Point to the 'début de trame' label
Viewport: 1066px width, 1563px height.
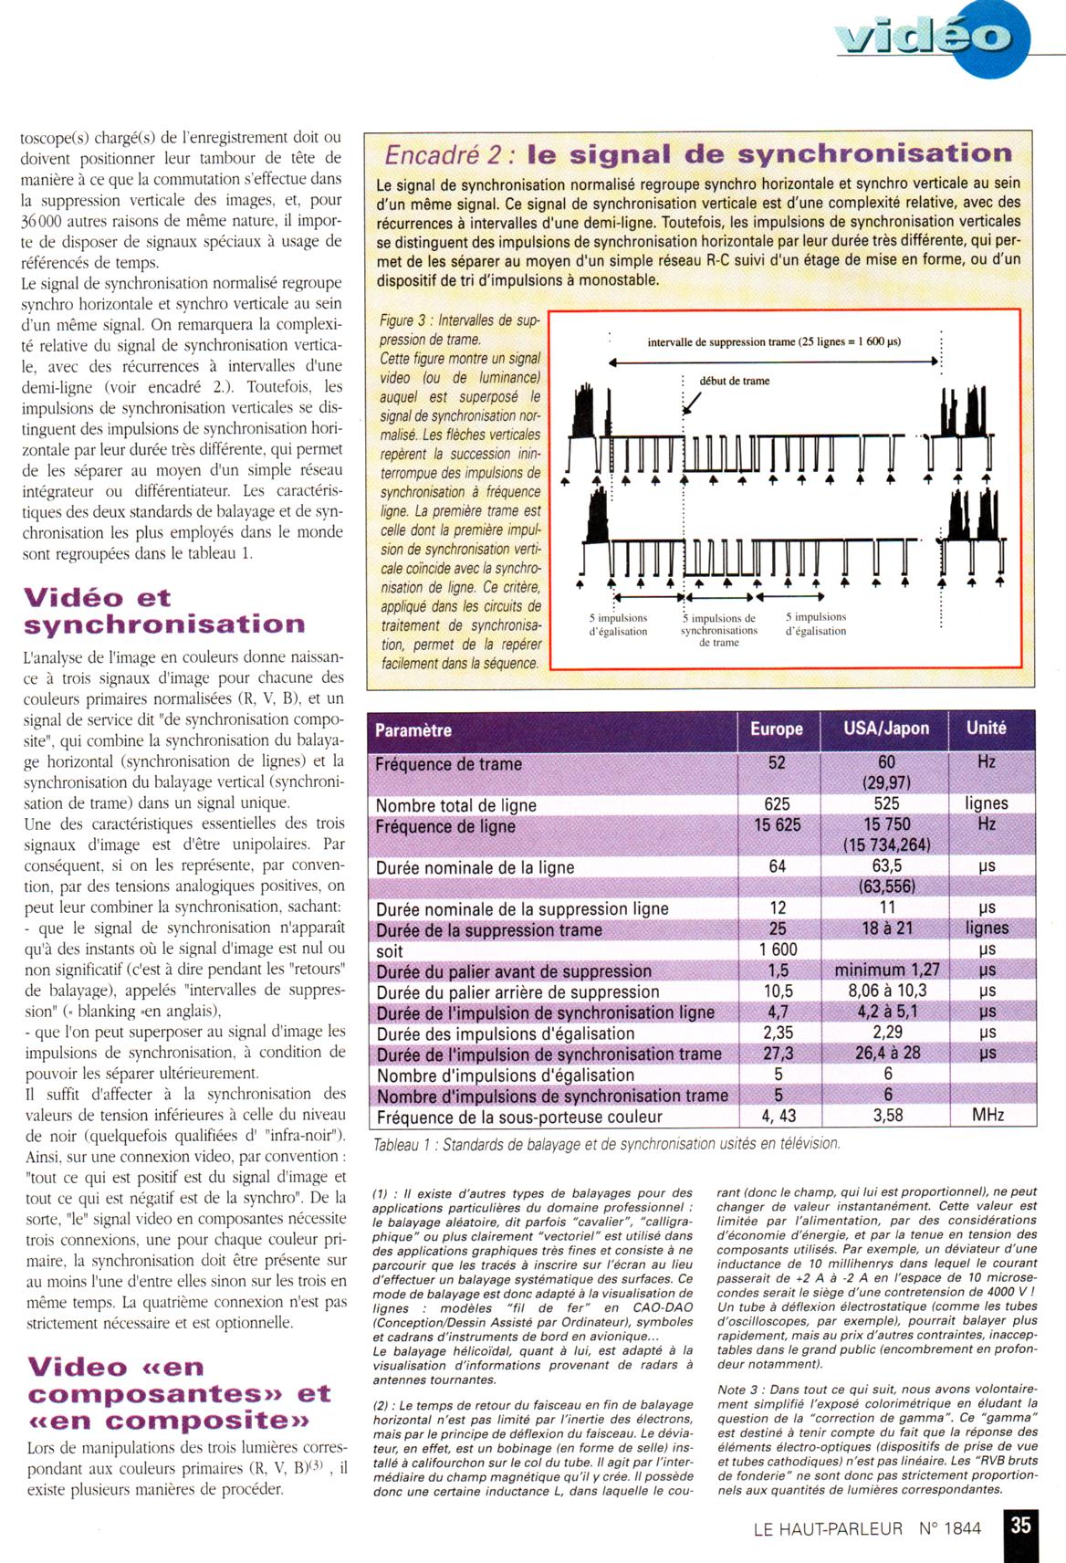(734, 381)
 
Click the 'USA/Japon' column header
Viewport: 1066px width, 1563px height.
(886, 729)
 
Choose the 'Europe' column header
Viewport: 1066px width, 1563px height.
(777, 729)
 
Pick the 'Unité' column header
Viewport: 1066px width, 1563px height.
(987, 728)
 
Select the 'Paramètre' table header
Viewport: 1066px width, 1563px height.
(413, 729)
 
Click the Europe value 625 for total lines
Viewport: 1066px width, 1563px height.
(778, 803)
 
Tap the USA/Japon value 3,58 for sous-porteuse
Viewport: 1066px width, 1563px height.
(887, 1116)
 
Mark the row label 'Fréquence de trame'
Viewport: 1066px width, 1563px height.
(448, 764)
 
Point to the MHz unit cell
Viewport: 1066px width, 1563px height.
(988, 1116)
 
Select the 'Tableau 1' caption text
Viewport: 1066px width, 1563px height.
(606, 1144)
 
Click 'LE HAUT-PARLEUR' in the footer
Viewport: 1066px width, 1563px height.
(828, 1528)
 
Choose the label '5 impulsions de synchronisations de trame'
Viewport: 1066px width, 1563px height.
(719, 630)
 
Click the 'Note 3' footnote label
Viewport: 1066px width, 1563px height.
(740, 1389)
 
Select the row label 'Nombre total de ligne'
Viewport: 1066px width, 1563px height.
(456, 805)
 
